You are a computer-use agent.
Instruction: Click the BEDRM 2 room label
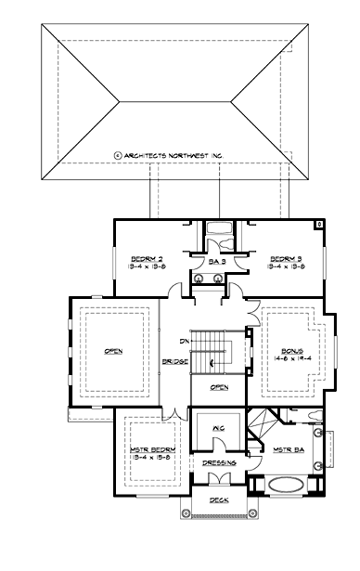click(147, 258)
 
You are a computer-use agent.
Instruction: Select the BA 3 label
click(217, 263)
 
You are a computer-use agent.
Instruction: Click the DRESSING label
click(218, 462)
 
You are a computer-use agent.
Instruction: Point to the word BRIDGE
click(174, 360)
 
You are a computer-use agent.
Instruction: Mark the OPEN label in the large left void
click(114, 351)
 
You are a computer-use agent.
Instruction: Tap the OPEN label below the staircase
click(219, 387)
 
